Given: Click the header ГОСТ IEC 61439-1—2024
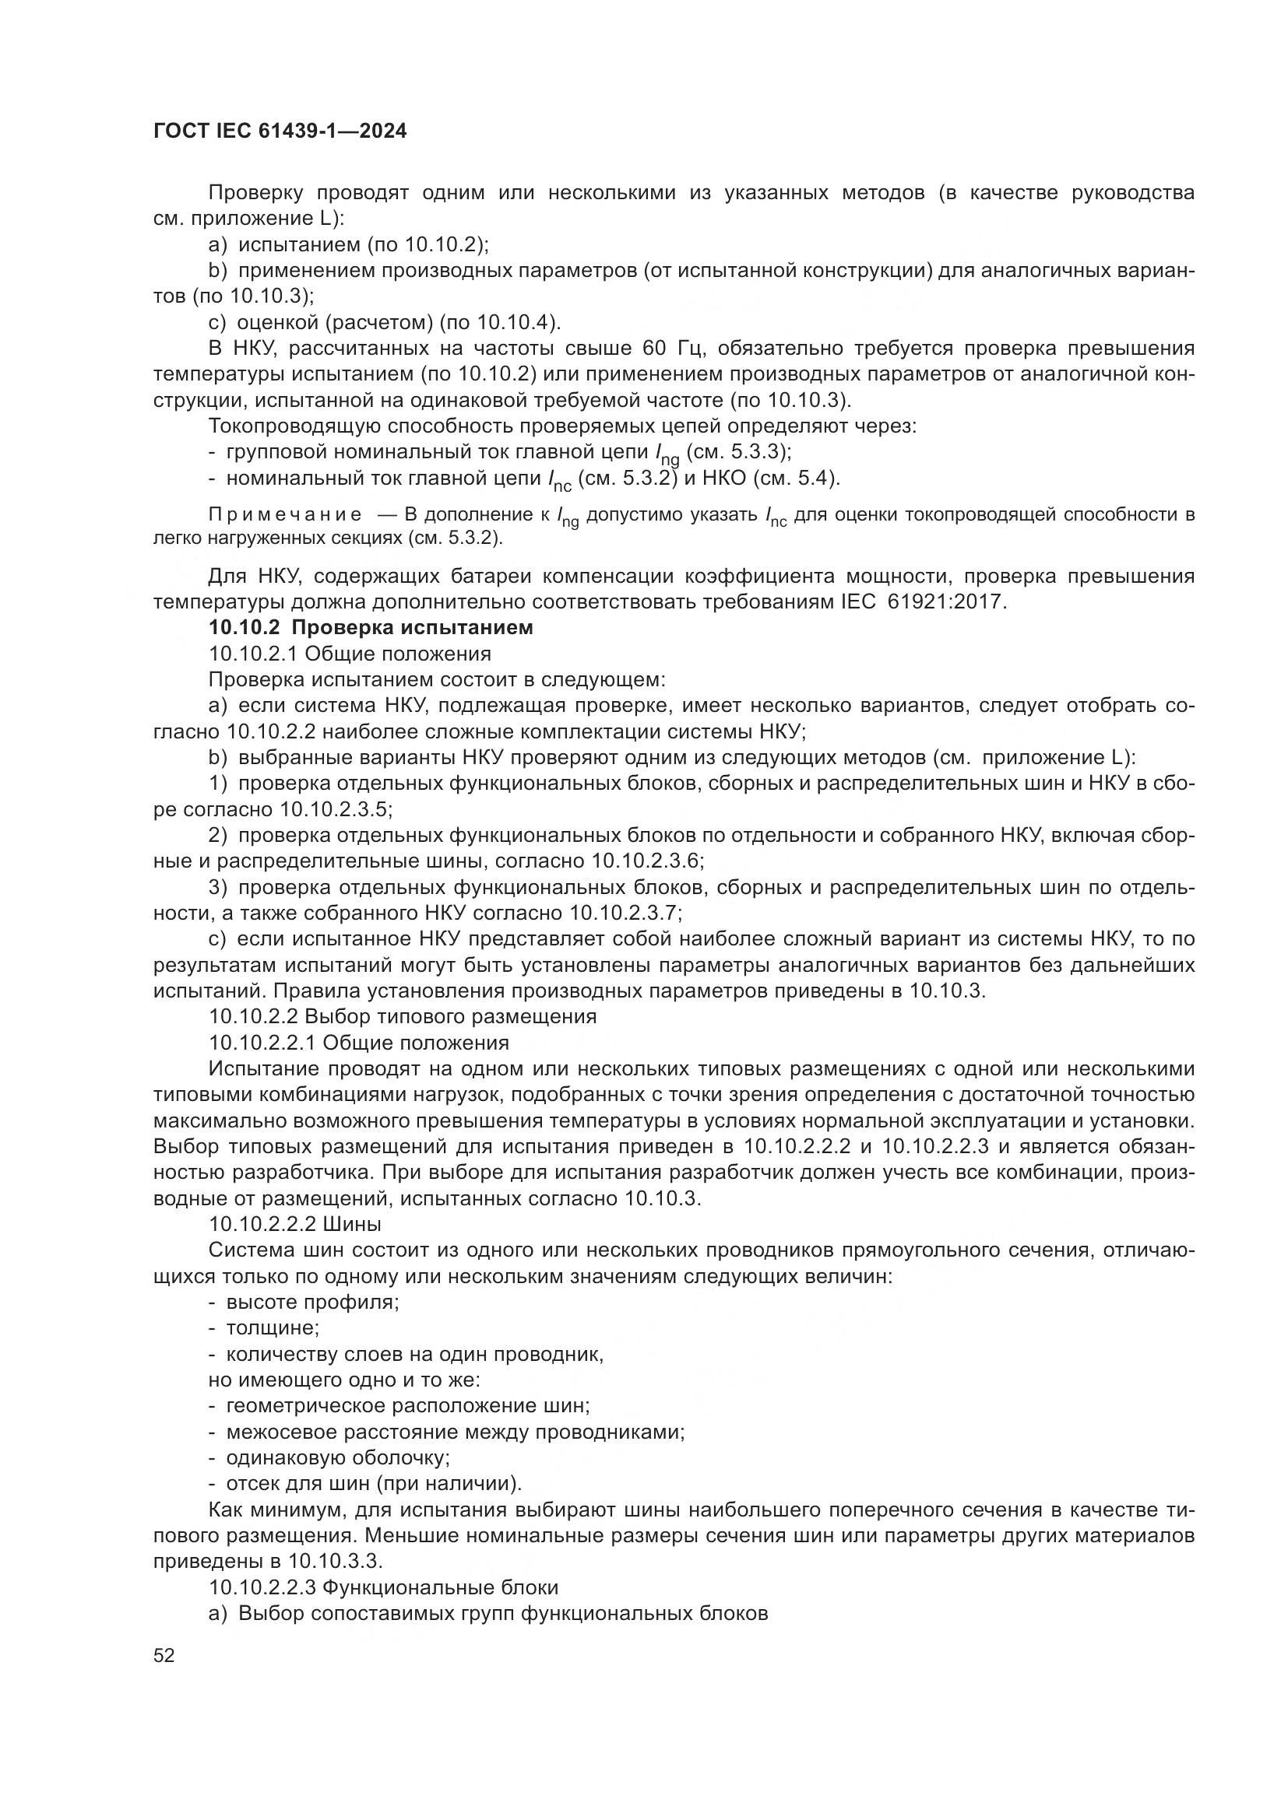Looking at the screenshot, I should (280, 132).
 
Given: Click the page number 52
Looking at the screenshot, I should (164, 1655).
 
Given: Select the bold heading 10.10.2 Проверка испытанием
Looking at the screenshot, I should (371, 628).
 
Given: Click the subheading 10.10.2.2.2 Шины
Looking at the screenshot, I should (295, 1224).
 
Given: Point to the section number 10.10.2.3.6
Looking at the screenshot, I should (646, 861).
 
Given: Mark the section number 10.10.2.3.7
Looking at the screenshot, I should (626, 913).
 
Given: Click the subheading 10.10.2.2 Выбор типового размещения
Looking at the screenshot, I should (402, 1015).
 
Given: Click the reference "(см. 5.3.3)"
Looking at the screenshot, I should (737, 452).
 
